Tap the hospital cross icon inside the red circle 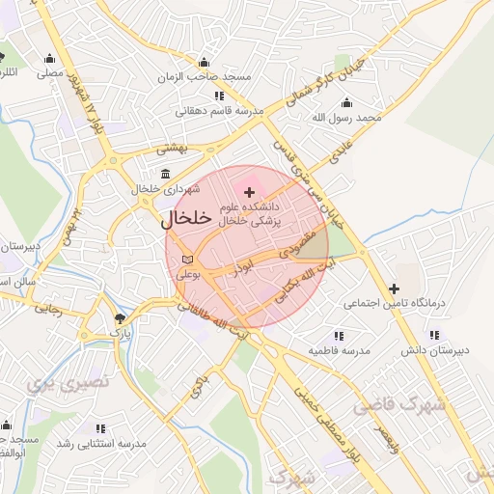tap(249, 193)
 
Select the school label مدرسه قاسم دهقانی tap(213, 111)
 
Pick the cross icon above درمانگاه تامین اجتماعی tap(394, 288)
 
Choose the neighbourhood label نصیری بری tap(69, 383)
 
